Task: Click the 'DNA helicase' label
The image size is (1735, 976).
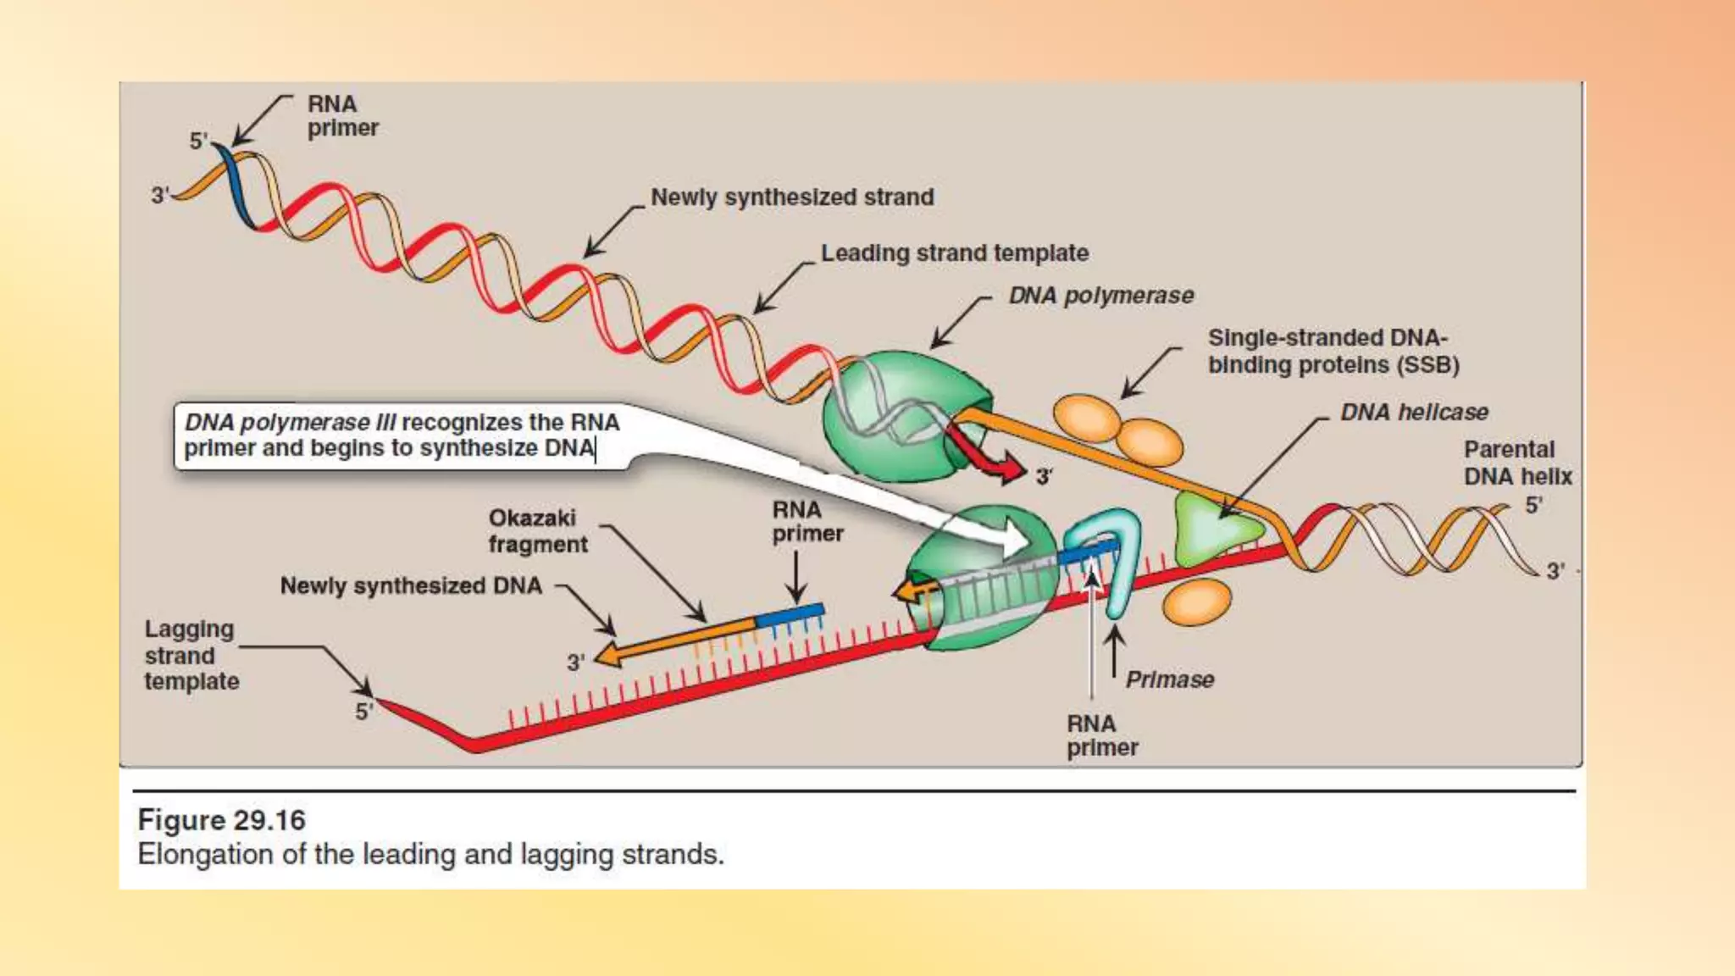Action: pos(1413,413)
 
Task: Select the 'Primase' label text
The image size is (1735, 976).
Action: pos(1169,679)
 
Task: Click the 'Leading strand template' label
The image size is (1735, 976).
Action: pos(954,253)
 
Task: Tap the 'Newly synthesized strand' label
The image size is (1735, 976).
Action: pos(791,197)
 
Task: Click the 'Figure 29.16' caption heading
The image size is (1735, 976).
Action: pos(221,820)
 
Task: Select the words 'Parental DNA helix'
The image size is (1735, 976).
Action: pos(1516,463)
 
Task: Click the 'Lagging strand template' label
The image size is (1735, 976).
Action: pos(191,655)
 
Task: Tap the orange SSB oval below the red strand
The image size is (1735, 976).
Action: pos(1195,601)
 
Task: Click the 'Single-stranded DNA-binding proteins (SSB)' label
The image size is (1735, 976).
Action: pos(1333,352)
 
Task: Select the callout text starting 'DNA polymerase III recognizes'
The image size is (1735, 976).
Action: pos(402,435)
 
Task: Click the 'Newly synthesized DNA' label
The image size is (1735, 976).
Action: pos(411,586)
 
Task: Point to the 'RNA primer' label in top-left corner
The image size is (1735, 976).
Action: pos(341,116)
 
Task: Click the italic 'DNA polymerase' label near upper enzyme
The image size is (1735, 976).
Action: pos(1100,296)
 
